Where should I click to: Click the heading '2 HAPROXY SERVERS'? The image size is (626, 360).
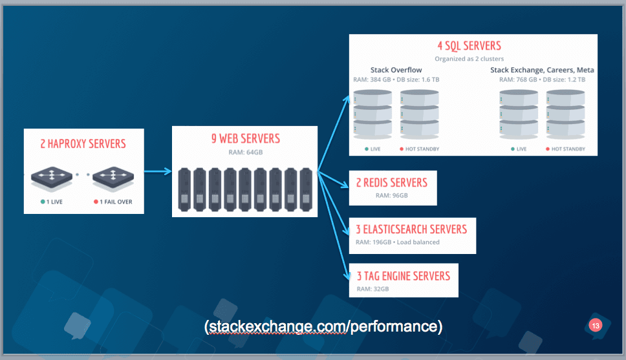click(83, 143)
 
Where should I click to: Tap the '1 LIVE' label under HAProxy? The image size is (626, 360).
click(52, 202)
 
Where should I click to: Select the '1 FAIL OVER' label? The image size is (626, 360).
click(113, 202)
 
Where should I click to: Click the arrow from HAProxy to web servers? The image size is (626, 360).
click(158, 172)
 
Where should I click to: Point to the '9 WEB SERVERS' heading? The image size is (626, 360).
click(246, 138)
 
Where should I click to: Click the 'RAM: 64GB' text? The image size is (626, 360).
click(246, 152)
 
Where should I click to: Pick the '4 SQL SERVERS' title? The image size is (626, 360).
click(469, 46)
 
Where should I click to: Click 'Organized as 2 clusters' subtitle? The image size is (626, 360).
click(469, 59)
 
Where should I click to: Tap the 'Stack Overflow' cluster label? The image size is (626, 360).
click(396, 70)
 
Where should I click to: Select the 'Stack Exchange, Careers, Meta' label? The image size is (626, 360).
click(542, 70)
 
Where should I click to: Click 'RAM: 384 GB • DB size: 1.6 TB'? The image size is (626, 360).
click(396, 79)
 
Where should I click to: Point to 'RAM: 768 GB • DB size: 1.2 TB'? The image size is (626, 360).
click(542, 79)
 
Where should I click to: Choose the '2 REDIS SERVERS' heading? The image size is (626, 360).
click(392, 183)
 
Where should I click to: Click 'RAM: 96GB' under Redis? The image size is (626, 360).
click(392, 196)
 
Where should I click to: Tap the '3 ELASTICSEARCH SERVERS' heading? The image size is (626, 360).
click(411, 229)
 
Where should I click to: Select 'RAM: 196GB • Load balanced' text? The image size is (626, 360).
click(398, 242)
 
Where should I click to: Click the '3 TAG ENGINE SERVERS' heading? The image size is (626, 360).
click(404, 276)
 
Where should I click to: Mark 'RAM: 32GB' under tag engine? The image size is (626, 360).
click(372, 289)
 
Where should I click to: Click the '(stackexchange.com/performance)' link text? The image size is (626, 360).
click(323, 326)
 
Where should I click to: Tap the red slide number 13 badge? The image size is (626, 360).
click(595, 326)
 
